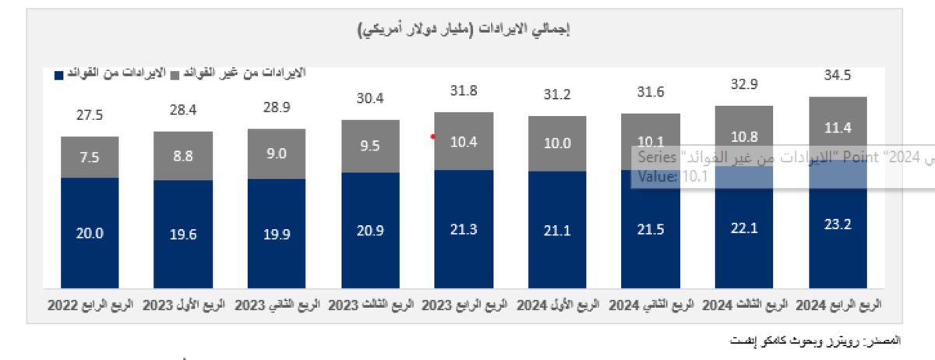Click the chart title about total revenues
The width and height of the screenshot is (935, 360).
(x=465, y=30)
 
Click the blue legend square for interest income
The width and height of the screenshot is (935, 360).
(x=58, y=74)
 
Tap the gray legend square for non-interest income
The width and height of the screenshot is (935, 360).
(x=175, y=74)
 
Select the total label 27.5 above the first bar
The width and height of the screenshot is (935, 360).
(x=90, y=115)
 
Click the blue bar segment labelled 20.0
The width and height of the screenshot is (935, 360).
(x=90, y=231)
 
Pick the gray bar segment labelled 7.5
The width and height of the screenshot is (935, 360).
(x=90, y=157)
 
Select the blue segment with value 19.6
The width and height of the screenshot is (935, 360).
(x=183, y=232)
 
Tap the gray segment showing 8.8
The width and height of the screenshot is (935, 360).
(x=183, y=156)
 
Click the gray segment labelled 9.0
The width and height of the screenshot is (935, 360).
(x=277, y=154)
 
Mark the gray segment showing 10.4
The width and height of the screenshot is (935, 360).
(x=464, y=141)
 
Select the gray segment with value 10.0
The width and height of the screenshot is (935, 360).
(x=557, y=143)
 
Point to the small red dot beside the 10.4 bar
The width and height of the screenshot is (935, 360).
(x=433, y=136)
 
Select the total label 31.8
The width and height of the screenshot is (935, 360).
(x=464, y=91)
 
